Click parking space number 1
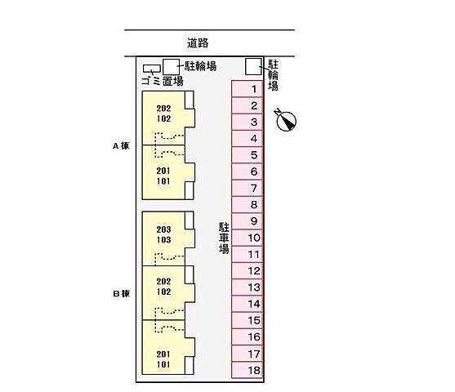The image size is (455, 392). point(254,89)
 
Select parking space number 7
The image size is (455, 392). point(254,189)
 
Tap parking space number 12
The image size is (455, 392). point(254,271)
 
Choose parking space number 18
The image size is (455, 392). point(254,371)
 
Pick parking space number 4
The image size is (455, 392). point(254,139)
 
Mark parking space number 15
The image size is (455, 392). point(254,321)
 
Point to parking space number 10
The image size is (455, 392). point(254,238)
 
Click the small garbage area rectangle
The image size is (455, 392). point(151,69)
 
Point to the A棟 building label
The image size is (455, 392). point(121,146)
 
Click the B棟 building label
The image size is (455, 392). point(121,294)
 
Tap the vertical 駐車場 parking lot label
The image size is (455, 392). point(222,238)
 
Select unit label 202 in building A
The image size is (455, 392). point(164,108)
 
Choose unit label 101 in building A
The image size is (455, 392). point(164,180)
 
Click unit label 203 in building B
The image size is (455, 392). point(164,229)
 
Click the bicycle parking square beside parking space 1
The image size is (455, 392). point(254,66)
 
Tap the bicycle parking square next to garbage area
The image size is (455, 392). point(171,67)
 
